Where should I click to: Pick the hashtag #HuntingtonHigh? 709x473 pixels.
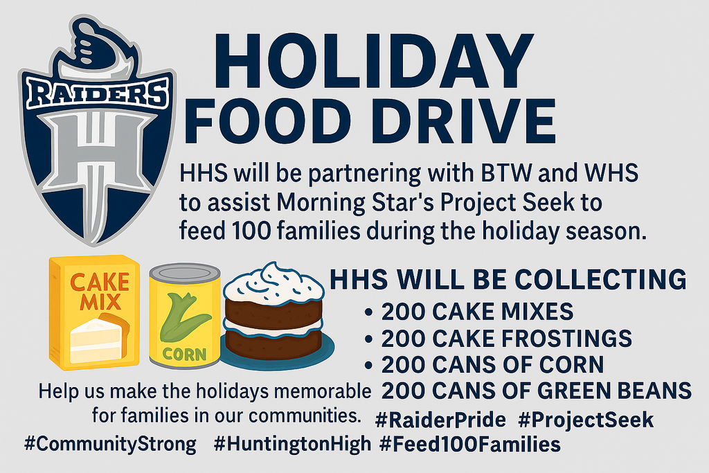point(292,444)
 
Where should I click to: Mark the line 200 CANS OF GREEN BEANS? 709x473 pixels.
point(537,391)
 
